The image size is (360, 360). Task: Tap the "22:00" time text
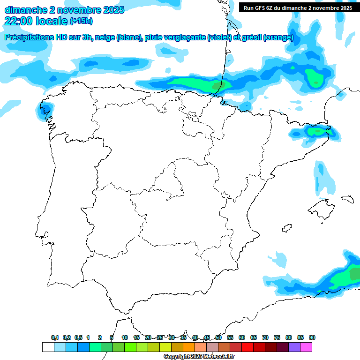pyautogui.click(x=19, y=21)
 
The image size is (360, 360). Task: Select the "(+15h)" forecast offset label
pyautogui.click(x=81, y=21)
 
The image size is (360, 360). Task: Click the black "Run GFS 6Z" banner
pyautogui.click(x=298, y=7)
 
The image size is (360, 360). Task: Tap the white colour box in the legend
pyautogui.click(x=48, y=347)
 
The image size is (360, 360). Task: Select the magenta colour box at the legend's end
pyautogui.click(x=306, y=347)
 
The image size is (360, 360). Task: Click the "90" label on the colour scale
pyautogui.click(x=312, y=337)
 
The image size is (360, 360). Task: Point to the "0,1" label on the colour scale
pyautogui.click(x=54, y=337)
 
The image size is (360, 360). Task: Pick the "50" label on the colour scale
pyautogui.click(x=218, y=337)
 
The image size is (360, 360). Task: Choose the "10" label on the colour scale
pyautogui.click(x=125, y=337)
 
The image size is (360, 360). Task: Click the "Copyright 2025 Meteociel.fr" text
pyautogui.click(x=199, y=357)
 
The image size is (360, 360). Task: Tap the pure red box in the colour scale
pyautogui.click(x=247, y=347)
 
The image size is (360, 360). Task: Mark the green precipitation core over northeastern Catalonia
pyautogui.click(x=314, y=132)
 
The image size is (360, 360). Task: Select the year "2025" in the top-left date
pyautogui.click(x=111, y=10)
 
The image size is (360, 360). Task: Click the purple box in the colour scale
pyautogui.click(x=294, y=347)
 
